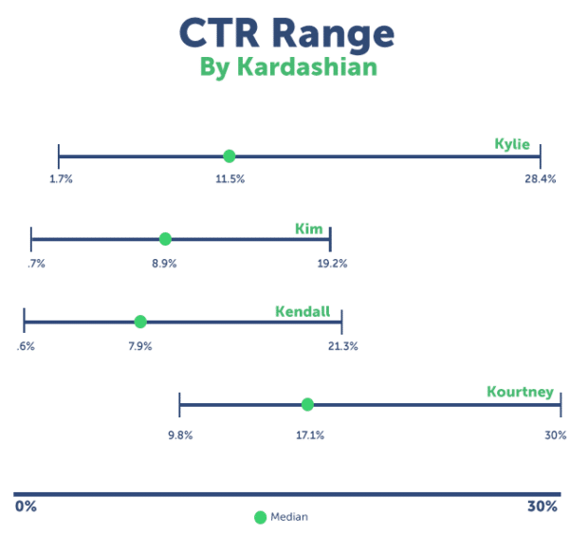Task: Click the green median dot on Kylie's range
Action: click(x=229, y=157)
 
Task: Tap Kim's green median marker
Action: click(x=165, y=239)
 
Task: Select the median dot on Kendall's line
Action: click(x=140, y=322)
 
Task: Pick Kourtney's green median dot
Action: click(x=307, y=404)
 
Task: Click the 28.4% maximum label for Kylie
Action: click(x=540, y=179)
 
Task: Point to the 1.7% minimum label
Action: click(x=61, y=179)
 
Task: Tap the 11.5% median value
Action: click(x=230, y=179)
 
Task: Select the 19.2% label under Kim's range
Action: click(x=332, y=264)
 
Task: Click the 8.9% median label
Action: click(x=164, y=264)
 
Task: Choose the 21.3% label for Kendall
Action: click(x=343, y=346)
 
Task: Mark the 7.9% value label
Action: click(x=140, y=346)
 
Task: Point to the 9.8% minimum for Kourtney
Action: click(x=180, y=435)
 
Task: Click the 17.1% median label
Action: click(x=310, y=435)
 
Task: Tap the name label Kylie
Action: click(x=512, y=144)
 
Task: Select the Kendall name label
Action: click(x=303, y=311)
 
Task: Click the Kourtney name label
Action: click(x=520, y=392)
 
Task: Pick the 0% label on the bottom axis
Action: click(x=26, y=506)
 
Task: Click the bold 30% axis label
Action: click(x=542, y=506)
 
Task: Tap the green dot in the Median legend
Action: click(x=260, y=517)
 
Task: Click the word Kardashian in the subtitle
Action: click(x=307, y=66)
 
